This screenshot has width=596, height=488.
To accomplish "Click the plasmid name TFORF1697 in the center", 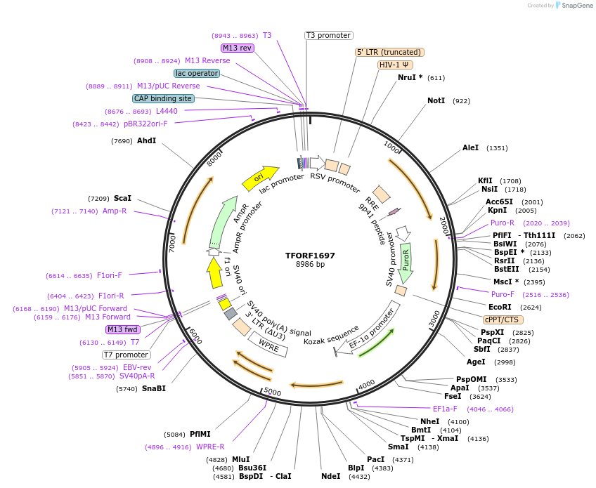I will [310, 256].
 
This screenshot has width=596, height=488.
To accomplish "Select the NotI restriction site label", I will [436, 101].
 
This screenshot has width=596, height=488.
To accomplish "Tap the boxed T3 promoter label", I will [328, 35].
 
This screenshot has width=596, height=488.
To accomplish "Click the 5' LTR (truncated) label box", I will [389, 52].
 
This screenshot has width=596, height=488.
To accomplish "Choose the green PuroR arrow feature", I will [406, 262].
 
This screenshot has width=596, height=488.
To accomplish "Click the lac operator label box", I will [196, 73].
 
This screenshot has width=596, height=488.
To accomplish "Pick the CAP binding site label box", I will [163, 98].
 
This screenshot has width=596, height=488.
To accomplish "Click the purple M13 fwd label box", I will [123, 329].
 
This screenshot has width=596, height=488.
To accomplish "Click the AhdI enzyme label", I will [147, 141].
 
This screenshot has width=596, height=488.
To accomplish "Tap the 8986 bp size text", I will [310, 265].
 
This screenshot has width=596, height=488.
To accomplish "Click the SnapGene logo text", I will [574, 6].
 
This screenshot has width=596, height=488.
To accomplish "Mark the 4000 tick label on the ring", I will [366, 385].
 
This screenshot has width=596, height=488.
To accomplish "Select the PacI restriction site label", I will [375, 459].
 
